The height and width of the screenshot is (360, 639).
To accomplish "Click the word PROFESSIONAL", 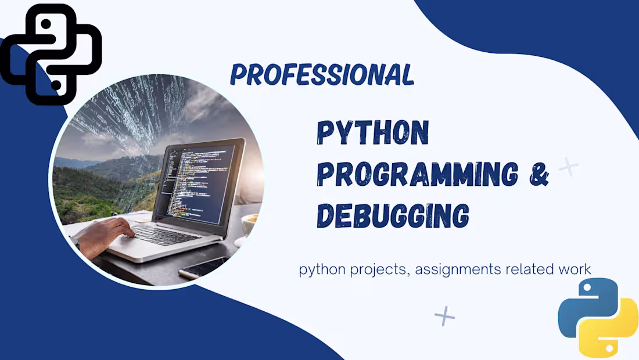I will pos(322,75).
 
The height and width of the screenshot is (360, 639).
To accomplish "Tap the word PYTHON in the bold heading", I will pos(372,134).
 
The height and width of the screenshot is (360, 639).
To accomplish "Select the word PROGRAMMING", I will pos(417,174).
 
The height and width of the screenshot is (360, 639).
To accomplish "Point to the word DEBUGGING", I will pos(393,215).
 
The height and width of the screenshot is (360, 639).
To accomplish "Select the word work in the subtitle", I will pos(576,269).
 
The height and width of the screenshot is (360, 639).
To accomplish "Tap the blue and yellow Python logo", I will pos(598,316).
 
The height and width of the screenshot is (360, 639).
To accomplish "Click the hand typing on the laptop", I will pos(105,235).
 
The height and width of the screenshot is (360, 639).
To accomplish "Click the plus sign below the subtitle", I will pos(444,316).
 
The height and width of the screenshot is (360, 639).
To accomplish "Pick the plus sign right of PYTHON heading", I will pos(568,167).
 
